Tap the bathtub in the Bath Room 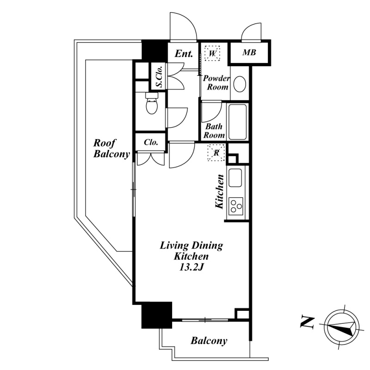[x=238, y=122]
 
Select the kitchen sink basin [x=235, y=178]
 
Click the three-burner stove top [x=235, y=206]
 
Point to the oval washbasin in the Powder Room [x=240, y=84]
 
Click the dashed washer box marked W [x=212, y=53]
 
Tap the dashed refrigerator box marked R [x=216, y=153]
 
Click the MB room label [x=249, y=52]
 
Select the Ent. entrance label [x=184, y=54]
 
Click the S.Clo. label [x=160, y=76]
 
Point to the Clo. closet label [x=151, y=142]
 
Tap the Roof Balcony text [x=111, y=148]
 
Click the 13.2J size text [x=191, y=267]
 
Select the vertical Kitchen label [x=219, y=191]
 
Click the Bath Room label [x=214, y=131]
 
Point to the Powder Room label [x=216, y=83]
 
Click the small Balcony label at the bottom [x=209, y=341]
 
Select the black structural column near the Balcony [x=157, y=315]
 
